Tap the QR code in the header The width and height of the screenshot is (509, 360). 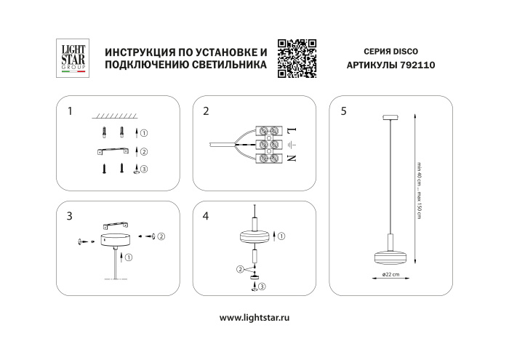coord(299,57)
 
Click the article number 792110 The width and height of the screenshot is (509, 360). coord(417,65)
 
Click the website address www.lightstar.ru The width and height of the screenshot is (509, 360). coord(254,319)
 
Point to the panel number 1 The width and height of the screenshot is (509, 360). coord(69,111)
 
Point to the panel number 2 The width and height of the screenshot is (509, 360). coord(207,111)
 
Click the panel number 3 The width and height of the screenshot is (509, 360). coord(69,216)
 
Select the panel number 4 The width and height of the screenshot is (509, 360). coord(207,216)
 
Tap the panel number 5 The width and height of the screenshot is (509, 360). coord(343,111)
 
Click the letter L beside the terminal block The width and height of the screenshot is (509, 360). coord(289,130)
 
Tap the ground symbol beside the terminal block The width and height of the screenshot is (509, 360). coord(289,144)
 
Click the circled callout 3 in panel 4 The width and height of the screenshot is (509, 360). coord(262,287)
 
